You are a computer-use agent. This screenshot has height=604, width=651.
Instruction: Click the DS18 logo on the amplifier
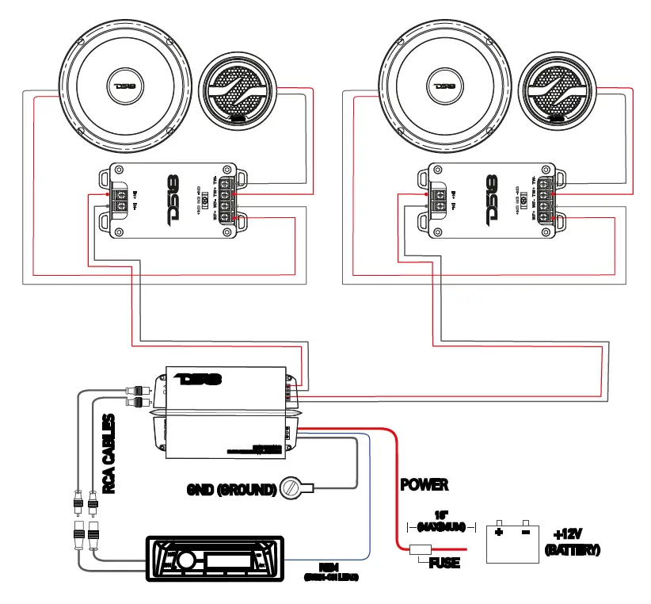pos(199,380)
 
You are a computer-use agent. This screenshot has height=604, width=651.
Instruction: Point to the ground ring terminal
pos(295,488)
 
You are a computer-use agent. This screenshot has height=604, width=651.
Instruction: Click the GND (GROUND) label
pos(230,489)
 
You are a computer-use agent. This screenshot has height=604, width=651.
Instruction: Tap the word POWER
pos(424,484)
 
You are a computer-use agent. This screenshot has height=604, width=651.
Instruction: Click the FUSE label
pos(444,564)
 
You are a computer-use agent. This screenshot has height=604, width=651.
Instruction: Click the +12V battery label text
pos(573,542)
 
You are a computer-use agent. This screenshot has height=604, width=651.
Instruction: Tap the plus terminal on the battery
pos(499,532)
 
